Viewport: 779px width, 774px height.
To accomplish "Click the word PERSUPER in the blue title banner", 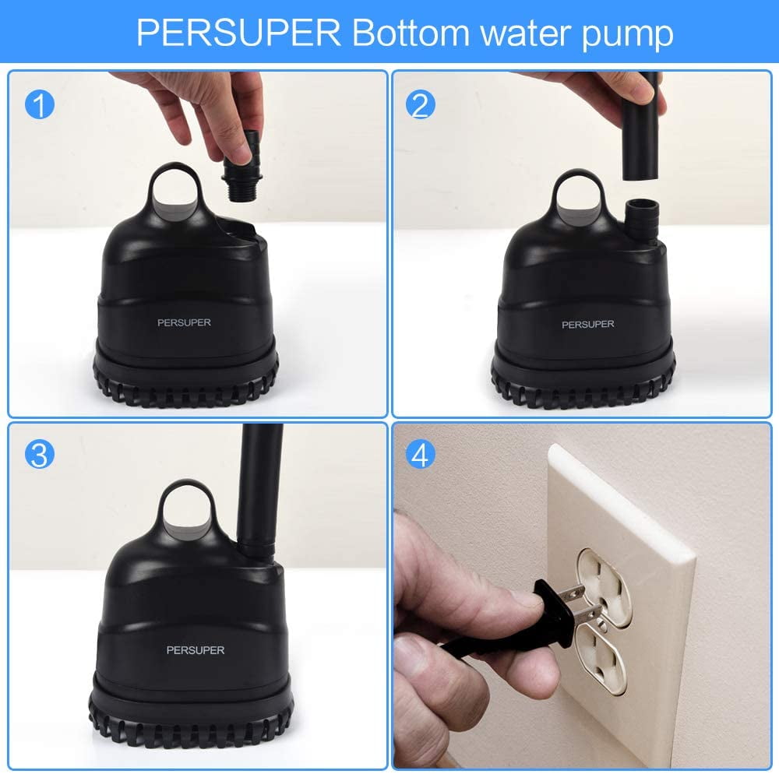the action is [238, 33].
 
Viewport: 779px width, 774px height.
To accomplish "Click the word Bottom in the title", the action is [411, 33].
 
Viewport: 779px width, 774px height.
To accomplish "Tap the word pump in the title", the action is [627, 36].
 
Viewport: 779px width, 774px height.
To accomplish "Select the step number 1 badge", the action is [40, 105].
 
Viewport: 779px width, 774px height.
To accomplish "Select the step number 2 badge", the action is [421, 104].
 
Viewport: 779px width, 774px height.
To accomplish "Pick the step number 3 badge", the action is [40, 455].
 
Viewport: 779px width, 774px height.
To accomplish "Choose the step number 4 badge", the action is [421, 455].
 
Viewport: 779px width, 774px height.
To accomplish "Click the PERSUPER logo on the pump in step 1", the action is [184, 322].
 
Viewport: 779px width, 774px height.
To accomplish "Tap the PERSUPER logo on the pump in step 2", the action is [587, 324].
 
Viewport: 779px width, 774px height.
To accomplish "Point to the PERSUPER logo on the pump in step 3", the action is [196, 650].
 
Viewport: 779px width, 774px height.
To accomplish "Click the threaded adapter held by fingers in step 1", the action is [243, 167].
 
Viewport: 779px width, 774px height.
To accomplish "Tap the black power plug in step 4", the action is [554, 614].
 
